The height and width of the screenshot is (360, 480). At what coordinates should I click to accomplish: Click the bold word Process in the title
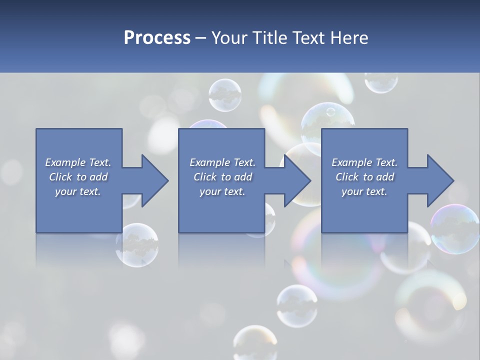point(157,38)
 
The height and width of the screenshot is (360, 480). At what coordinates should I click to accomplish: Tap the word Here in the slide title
point(349,38)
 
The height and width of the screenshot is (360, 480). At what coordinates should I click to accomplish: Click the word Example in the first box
point(65,162)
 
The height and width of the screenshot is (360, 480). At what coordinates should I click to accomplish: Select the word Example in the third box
point(351,162)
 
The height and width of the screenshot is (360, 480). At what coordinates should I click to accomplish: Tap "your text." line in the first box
point(78,191)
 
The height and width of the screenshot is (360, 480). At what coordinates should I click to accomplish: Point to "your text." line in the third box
point(364,191)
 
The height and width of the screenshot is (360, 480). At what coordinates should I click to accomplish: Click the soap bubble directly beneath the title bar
point(225,95)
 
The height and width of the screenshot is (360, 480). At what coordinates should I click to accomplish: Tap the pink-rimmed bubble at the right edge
point(455,228)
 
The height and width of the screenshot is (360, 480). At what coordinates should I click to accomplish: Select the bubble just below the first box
point(137,245)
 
